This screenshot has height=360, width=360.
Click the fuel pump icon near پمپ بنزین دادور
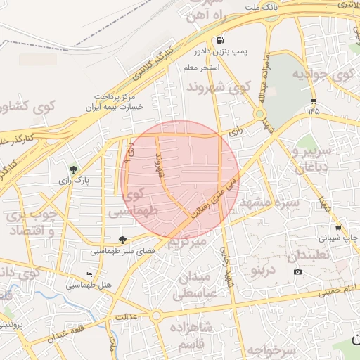tap(221, 40)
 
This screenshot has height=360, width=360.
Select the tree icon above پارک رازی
tap(73, 169)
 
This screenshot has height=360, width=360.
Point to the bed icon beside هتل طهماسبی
tap(88, 274)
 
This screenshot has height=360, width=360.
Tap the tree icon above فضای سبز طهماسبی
tap(123, 240)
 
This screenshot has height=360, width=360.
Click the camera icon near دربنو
tap(297, 272)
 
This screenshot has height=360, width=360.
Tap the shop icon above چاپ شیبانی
tap(338, 228)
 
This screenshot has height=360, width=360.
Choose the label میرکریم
tap(186, 243)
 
